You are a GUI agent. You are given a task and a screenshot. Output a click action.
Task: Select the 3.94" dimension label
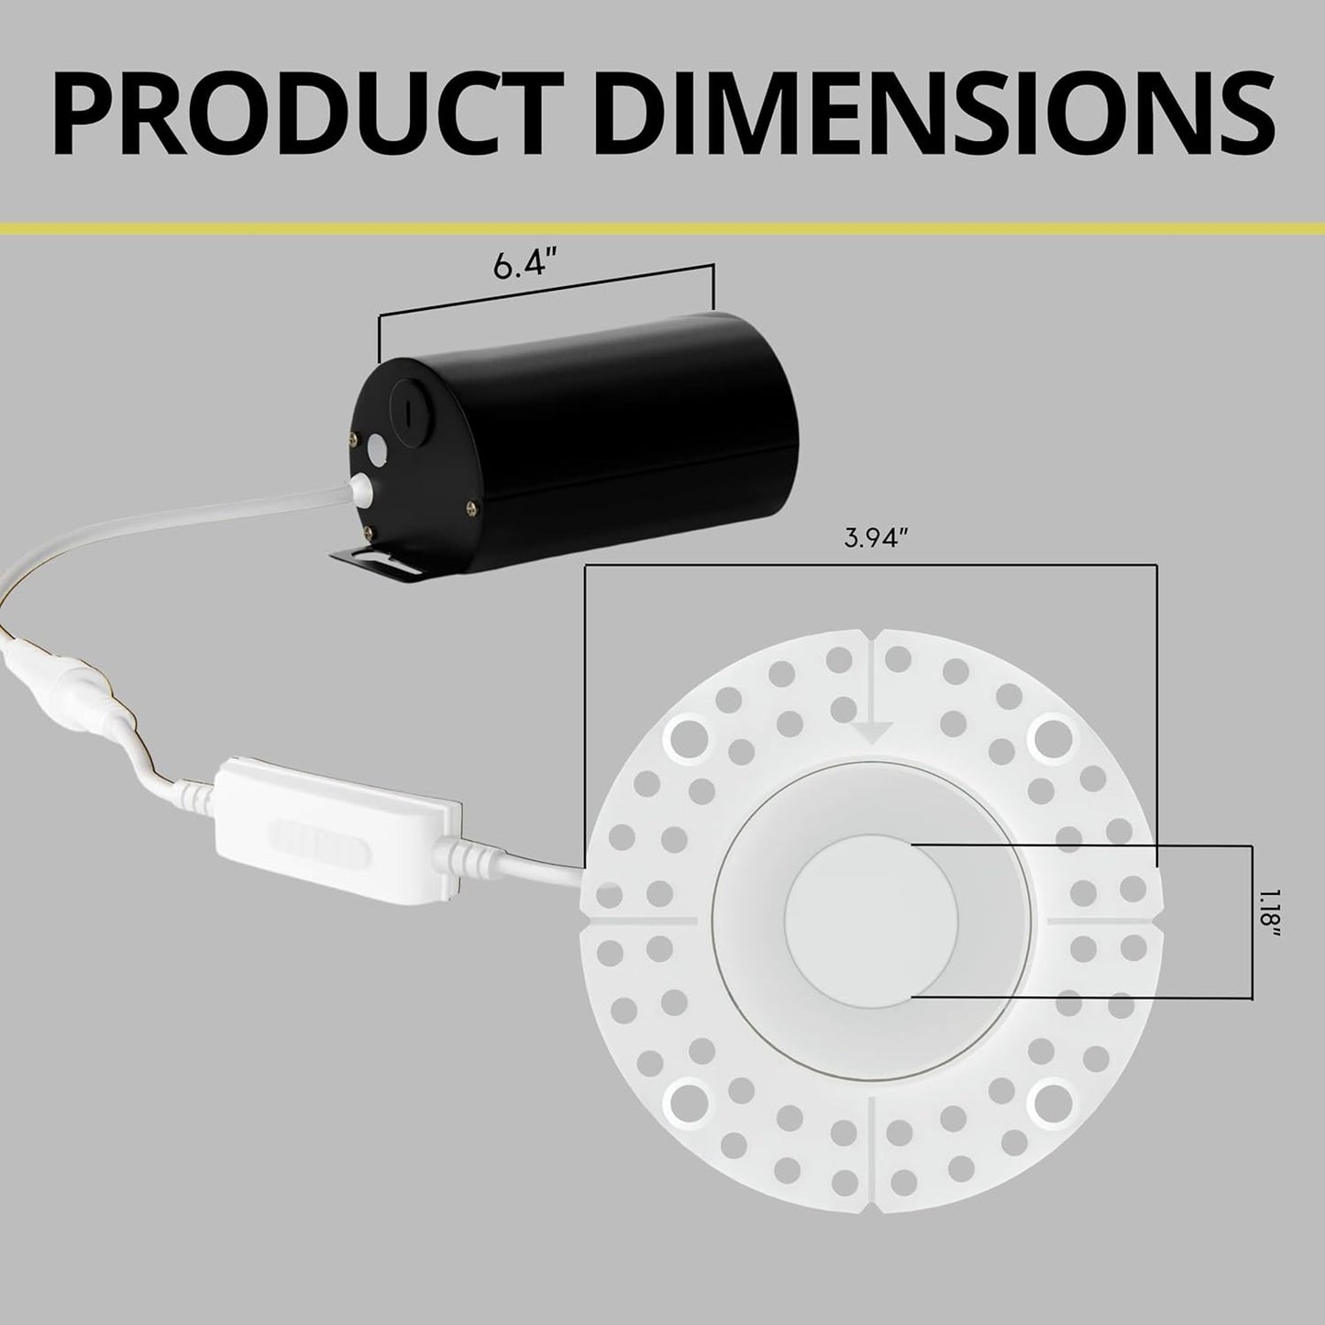(x=870, y=539)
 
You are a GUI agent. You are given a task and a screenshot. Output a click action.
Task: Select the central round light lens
(x=871, y=917)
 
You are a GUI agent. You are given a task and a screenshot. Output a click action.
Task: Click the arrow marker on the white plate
(x=872, y=730)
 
